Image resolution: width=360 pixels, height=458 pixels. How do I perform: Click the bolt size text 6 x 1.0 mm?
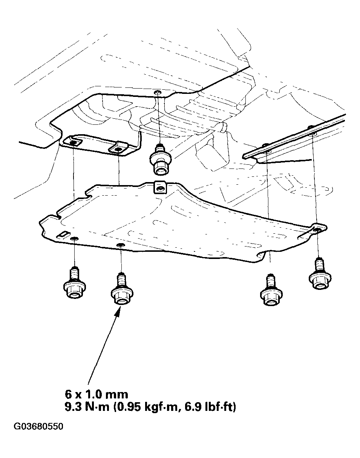[x=97, y=394]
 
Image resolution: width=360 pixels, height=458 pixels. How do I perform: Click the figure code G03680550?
[x=38, y=427]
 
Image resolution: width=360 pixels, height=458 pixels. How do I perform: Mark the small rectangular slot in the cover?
[x=61, y=235]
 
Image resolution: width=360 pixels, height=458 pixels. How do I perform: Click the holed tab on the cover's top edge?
[x=160, y=187]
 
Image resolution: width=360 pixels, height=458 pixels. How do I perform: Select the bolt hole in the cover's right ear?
[x=317, y=228]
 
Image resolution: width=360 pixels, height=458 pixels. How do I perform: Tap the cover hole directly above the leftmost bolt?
[x=75, y=239]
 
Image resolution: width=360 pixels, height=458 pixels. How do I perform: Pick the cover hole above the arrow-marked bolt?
[x=120, y=246]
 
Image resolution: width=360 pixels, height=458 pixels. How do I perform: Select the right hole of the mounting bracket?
[x=118, y=150]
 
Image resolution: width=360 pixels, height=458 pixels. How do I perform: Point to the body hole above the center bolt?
[x=158, y=92]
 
